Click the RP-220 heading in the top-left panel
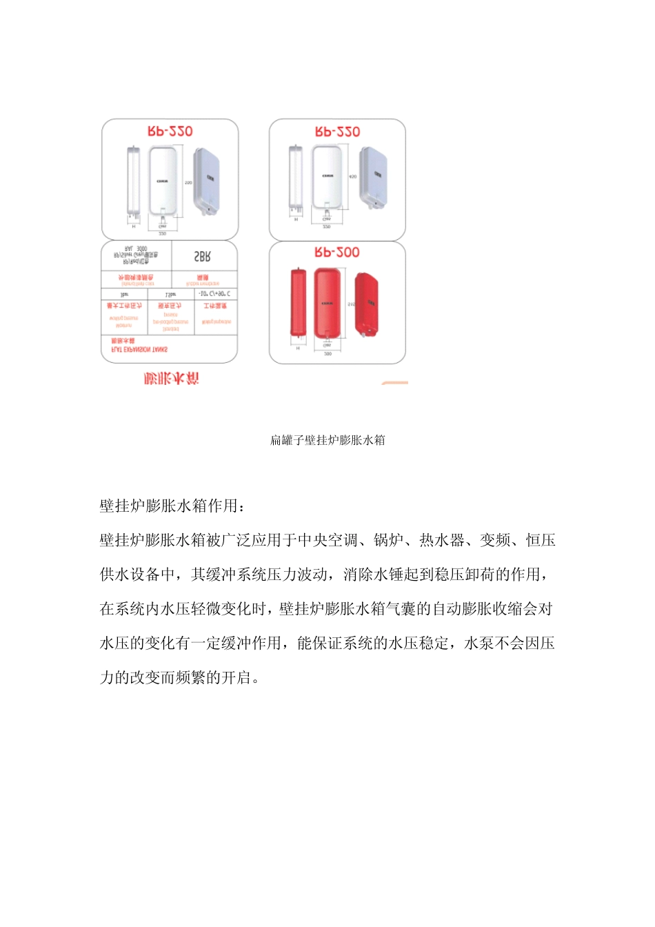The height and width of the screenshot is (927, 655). [x=170, y=131]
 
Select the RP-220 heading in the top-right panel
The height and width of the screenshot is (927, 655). [x=337, y=131]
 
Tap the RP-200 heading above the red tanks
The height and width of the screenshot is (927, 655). [x=337, y=252]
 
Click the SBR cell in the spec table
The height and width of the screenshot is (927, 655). [x=202, y=257]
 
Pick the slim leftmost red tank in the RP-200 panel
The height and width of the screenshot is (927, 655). [x=298, y=303]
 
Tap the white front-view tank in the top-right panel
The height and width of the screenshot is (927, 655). [x=327, y=177]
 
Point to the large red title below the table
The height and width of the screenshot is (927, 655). [x=171, y=378]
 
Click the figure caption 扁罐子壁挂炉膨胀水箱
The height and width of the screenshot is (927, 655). [x=327, y=440]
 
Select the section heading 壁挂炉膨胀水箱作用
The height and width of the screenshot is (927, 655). [x=172, y=506]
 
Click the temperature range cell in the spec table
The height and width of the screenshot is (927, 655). [x=214, y=294]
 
